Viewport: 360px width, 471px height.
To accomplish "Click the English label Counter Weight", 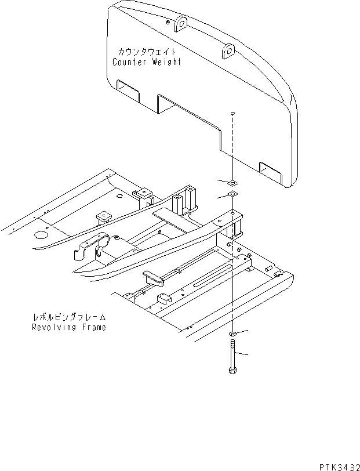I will click(146, 62).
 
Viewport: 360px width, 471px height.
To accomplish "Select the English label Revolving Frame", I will click(69, 327).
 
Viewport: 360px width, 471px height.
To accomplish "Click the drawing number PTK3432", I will click(336, 465).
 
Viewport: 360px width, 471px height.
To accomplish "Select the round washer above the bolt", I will click(232, 335).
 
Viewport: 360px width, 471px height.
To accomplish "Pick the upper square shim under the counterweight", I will click(231, 182).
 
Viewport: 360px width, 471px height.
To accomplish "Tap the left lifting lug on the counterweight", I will click(180, 23).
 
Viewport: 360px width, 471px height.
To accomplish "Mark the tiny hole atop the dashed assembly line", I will click(232, 113).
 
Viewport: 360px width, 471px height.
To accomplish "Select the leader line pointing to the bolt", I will click(245, 353).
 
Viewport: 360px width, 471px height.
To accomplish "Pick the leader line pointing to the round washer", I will click(242, 331).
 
